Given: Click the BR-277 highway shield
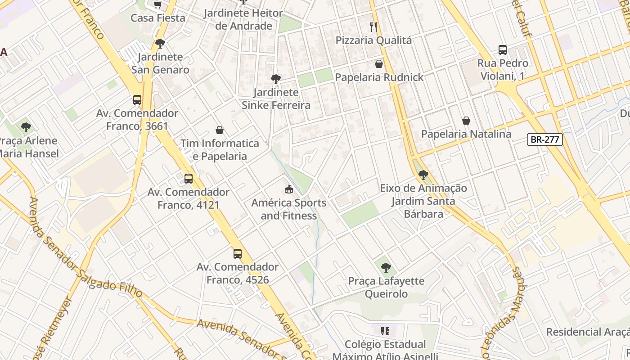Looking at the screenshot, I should pyautogui.click(x=544, y=139).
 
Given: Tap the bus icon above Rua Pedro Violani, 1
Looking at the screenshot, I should pyautogui.click(x=503, y=50).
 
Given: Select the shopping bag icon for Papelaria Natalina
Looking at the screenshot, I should pyautogui.click(x=466, y=121).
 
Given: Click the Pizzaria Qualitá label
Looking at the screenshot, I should pyautogui.click(x=373, y=40).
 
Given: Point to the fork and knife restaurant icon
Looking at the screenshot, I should pyautogui.click(x=373, y=27).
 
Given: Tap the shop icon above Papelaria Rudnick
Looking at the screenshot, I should pyautogui.click(x=379, y=64).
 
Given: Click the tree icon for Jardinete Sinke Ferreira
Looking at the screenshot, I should pyautogui.click(x=276, y=79).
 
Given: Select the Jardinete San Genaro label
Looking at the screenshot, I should pyautogui.click(x=160, y=63).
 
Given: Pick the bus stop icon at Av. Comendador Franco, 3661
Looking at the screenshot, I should pyautogui.click(x=137, y=100).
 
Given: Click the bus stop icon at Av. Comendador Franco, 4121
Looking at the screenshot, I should pyautogui.click(x=189, y=179).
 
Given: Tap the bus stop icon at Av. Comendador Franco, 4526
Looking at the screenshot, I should pyautogui.click(x=238, y=254).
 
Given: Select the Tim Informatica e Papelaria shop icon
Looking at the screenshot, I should pyautogui.click(x=220, y=130).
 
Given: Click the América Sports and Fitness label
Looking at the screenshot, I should pyautogui.click(x=288, y=209).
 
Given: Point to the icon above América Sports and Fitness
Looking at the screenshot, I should pyautogui.click(x=289, y=189).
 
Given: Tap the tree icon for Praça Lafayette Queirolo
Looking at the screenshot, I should pyautogui.click(x=386, y=268).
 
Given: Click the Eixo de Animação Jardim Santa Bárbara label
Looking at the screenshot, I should pyautogui.click(x=423, y=201).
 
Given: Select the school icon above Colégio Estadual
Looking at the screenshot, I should pyautogui.click(x=385, y=332).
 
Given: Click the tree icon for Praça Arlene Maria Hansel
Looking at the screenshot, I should pyautogui.click(x=26, y=127).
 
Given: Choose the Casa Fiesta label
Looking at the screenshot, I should pyautogui.click(x=158, y=18).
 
